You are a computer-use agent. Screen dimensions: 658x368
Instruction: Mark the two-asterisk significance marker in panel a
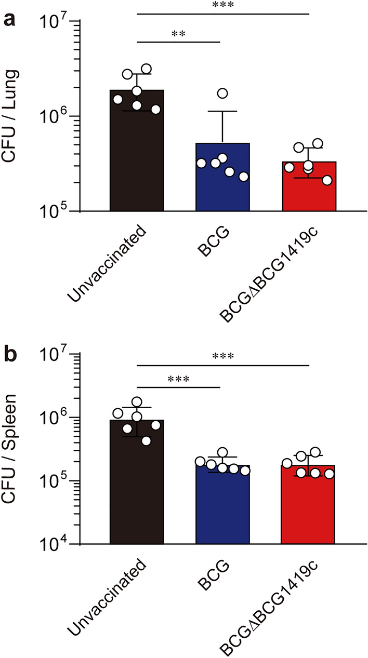tap(179, 34)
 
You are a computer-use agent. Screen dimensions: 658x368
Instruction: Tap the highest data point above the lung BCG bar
tap(223, 93)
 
